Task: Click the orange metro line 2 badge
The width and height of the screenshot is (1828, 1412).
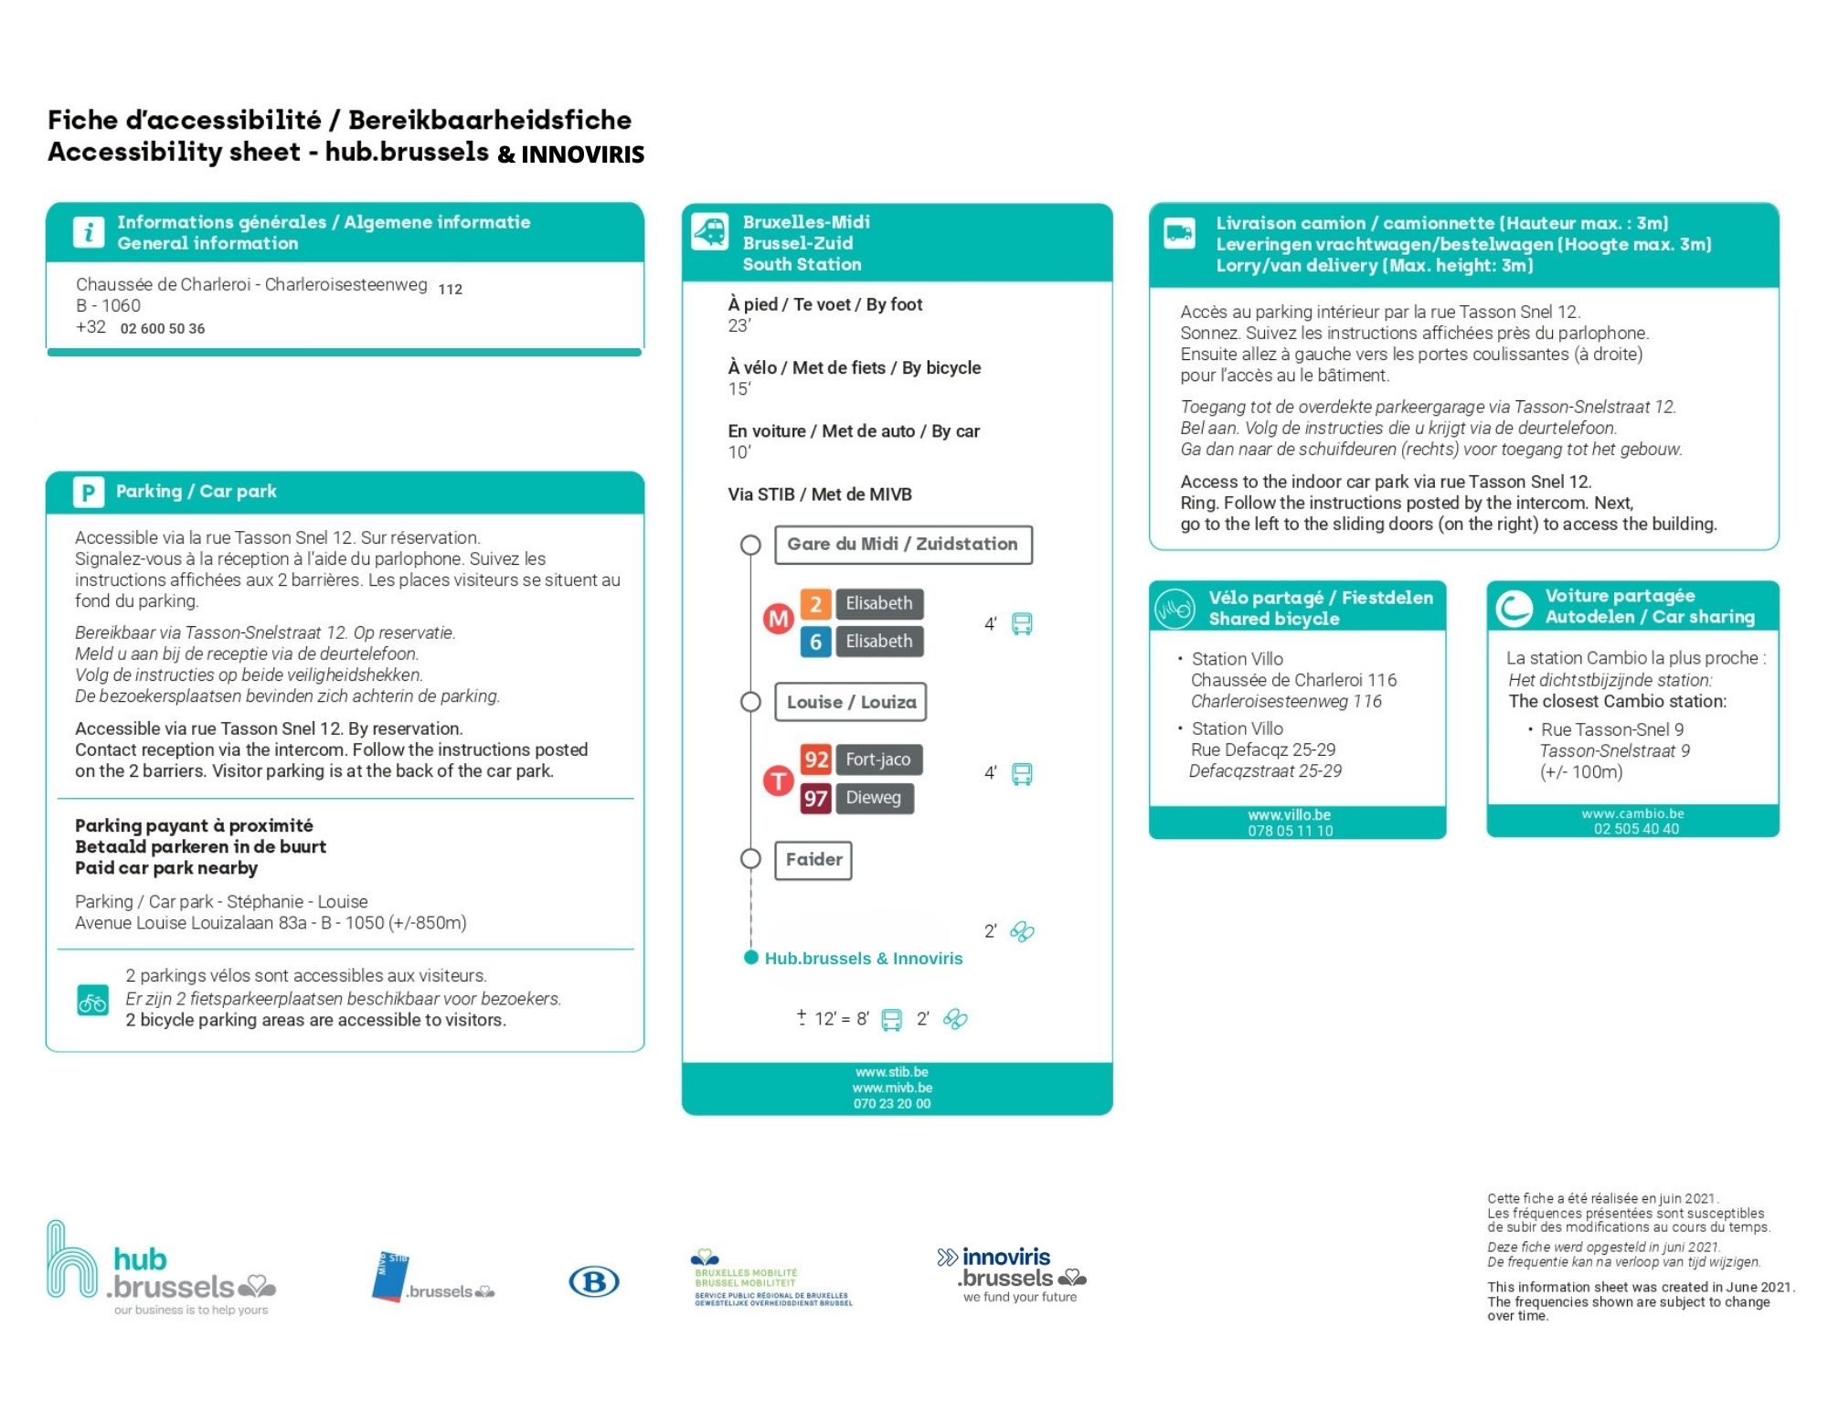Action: pyautogui.click(x=815, y=604)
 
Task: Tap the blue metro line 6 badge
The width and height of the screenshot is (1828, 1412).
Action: pyautogui.click(x=815, y=642)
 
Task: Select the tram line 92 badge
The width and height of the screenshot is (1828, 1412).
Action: pyautogui.click(x=815, y=759)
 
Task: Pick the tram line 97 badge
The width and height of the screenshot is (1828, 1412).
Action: pyautogui.click(x=815, y=798)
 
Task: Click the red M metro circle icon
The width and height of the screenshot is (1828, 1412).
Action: pyautogui.click(x=778, y=620)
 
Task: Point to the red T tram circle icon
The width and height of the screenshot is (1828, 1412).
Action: pyautogui.click(x=778, y=780)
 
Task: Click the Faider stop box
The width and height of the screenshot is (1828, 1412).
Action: pyautogui.click(x=813, y=860)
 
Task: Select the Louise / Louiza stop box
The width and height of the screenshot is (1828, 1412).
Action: pyautogui.click(x=851, y=702)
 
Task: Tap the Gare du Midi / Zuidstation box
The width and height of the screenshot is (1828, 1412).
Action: pyautogui.click(x=903, y=545)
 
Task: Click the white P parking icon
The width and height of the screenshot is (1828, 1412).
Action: pyautogui.click(x=88, y=493)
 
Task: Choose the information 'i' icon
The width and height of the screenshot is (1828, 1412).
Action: pyautogui.click(x=88, y=232)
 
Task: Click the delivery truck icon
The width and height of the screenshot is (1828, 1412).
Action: pyautogui.click(x=1179, y=233)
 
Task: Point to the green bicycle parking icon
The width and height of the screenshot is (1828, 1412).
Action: pyautogui.click(x=92, y=1001)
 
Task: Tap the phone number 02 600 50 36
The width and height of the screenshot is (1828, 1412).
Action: pyautogui.click(x=163, y=329)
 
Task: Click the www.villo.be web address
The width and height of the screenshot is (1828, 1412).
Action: pyautogui.click(x=1289, y=815)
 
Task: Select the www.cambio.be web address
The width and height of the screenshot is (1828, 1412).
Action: pyautogui.click(x=1632, y=813)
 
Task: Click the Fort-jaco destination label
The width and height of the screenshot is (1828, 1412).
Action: pyautogui.click(x=877, y=759)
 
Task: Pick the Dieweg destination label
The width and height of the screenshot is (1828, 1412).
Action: pyautogui.click(x=873, y=798)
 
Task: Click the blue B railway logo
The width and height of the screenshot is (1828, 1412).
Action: pyautogui.click(x=594, y=1282)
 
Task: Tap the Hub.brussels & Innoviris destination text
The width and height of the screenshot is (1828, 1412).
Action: pyautogui.click(x=864, y=959)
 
